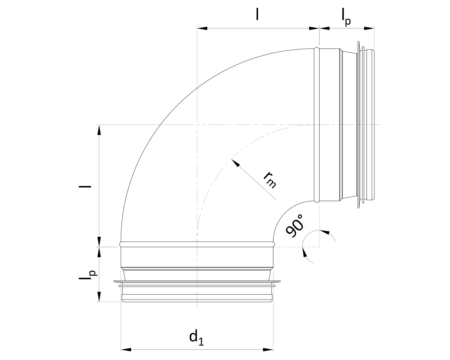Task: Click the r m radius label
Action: [270, 179]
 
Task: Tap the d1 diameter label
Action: [197, 337]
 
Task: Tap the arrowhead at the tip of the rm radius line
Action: [235, 163]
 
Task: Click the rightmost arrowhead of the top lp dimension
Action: [369, 28]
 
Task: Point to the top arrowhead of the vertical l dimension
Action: [99, 129]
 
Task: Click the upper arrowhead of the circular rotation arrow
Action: [326, 232]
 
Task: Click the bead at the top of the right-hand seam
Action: [317, 49]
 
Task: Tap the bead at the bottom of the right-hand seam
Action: [317, 201]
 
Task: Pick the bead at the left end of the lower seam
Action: [121, 243]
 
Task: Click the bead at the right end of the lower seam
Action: [274, 243]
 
